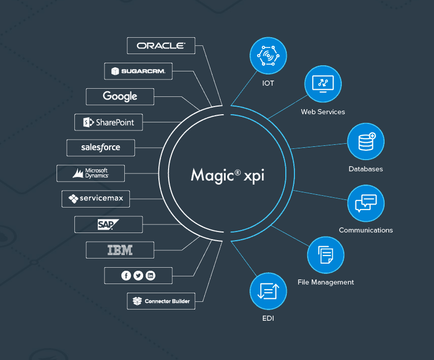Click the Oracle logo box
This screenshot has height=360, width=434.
coord(161,46)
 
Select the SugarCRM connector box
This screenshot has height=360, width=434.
coord(139,71)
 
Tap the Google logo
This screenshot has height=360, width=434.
coord(120,96)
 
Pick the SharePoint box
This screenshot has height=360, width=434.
coord(108,122)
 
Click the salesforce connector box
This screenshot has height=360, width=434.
coord(101,148)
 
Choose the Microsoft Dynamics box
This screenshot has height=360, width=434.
coord(91,173)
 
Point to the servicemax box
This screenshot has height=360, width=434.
coord(96,199)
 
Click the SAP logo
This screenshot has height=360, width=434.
coord(108,224)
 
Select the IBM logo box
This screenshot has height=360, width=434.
coord(120,250)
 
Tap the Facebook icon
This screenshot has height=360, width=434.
coord(126,275)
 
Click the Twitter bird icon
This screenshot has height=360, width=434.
coord(139,275)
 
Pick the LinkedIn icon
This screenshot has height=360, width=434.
coord(151,275)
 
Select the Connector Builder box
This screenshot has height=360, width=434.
coord(161,301)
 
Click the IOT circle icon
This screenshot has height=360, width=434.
coord(268,56)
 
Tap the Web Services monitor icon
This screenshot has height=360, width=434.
coord(323,84)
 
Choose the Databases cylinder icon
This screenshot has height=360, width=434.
coord(366,142)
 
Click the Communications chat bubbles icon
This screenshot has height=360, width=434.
coord(366,203)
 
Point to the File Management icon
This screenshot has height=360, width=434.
coord(326,255)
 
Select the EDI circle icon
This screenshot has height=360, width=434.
coord(268,291)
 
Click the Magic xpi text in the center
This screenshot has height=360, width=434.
coord(228,176)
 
